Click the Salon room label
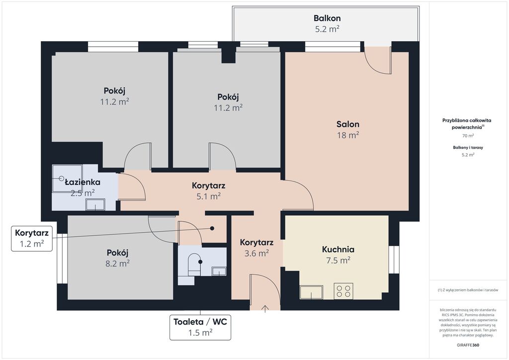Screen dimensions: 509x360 [347, 124]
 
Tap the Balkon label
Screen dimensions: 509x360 [327, 18]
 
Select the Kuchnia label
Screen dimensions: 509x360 [338, 249]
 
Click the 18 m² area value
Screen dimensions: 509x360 [347, 135]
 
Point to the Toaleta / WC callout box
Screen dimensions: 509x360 [200, 327]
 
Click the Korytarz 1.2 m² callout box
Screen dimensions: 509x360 [32, 238]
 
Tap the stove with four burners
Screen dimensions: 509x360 [343, 291]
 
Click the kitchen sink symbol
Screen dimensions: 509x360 [311, 292]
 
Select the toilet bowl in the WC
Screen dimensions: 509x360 [194, 264]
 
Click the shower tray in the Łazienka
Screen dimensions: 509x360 [67, 179]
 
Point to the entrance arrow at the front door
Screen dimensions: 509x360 [265, 309]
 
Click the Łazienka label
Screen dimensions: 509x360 [83, 182]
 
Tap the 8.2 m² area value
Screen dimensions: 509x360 [117, 263]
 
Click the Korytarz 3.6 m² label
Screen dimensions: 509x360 [256, 247]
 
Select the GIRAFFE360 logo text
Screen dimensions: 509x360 [468, 345]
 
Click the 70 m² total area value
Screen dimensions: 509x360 [468, 136]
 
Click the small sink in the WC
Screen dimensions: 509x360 [219, 271]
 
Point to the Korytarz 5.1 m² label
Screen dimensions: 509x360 [208, 191]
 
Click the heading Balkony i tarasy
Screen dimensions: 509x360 [468, 147]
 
